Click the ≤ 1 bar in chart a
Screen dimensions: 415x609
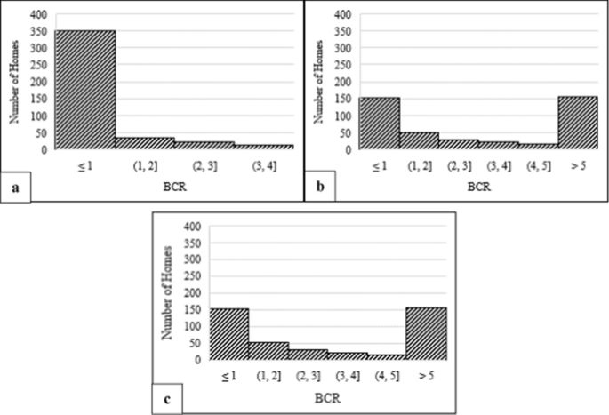point(85,90)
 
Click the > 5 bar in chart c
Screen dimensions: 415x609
point(426,333)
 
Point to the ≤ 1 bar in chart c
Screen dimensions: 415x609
point(229,334)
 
